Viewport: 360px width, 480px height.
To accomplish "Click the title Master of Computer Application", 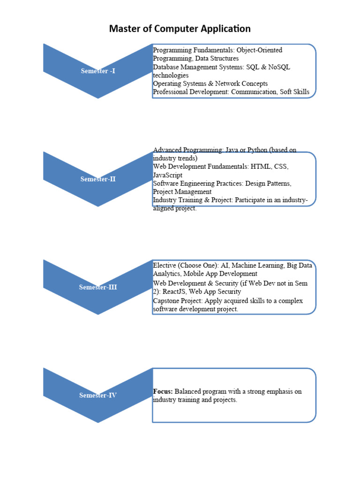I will (x=180, y=29).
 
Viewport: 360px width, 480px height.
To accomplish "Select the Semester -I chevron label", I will (x=97, y=71).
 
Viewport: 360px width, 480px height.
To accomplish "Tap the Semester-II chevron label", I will (x=97, y=179).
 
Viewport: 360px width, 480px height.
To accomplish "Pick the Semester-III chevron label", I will (x=97, y=287).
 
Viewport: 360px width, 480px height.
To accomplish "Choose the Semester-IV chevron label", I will (x=97, y=395).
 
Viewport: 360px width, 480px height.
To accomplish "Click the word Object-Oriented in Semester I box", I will (x=259, y=50).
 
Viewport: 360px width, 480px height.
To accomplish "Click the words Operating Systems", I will (x=176, y=84).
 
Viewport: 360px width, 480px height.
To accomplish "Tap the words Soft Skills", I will (x=295, y=92).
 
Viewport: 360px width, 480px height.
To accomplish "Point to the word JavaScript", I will (x=167, y=174).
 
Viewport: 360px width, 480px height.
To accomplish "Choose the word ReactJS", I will (x=177, y=292).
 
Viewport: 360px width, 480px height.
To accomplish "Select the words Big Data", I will (x=299, y=265).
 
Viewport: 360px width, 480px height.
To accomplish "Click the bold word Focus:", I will (x=163, y=391).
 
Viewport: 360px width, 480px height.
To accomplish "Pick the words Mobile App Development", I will (x=220, y=273).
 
